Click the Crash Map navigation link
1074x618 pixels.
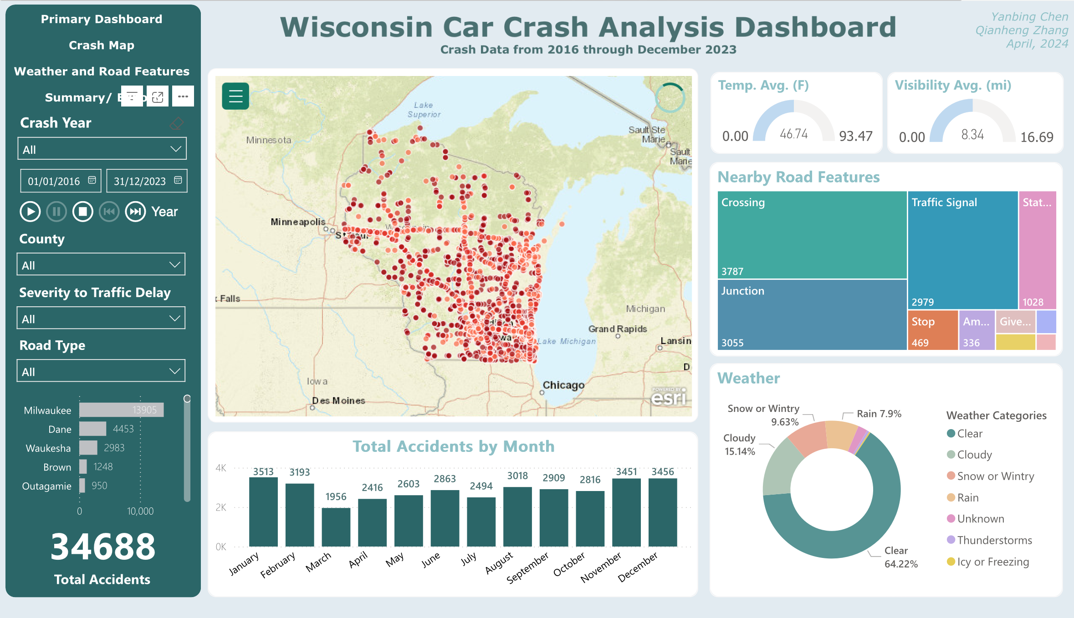102,46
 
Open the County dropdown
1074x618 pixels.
101,265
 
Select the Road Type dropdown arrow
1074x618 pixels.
174,371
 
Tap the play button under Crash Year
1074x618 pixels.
30,212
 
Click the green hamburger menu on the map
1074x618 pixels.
235,96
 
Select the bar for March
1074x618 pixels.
336,527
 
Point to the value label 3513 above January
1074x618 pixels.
263,471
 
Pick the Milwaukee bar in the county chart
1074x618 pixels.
121,410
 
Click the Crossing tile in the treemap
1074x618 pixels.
812,234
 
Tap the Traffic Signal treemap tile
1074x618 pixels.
962,249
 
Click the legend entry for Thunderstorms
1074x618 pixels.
994,540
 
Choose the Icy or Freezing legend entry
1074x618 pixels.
992,562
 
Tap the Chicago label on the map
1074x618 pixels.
563,385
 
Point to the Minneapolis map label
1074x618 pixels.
298,222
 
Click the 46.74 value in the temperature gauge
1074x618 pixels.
793,134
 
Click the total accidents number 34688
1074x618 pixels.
103,547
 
